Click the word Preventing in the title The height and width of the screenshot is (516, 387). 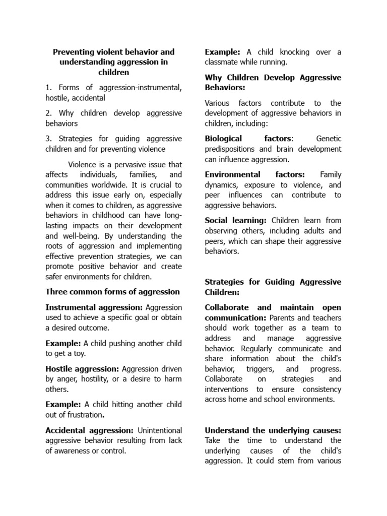click(73, 52)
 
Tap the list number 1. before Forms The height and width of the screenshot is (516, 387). click(49, 88)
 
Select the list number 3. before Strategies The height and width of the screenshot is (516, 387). click(49, 139)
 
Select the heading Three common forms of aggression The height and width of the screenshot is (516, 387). click(112, 292)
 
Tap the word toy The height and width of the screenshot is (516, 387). click(79, 353)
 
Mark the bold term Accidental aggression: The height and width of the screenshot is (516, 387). click(89, 430)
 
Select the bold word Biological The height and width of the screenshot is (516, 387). click(223, 139)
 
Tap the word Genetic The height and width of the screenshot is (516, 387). click(329, 139)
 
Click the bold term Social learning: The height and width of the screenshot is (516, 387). click(236, 220)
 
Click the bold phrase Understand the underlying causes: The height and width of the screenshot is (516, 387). click(273, 430)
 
